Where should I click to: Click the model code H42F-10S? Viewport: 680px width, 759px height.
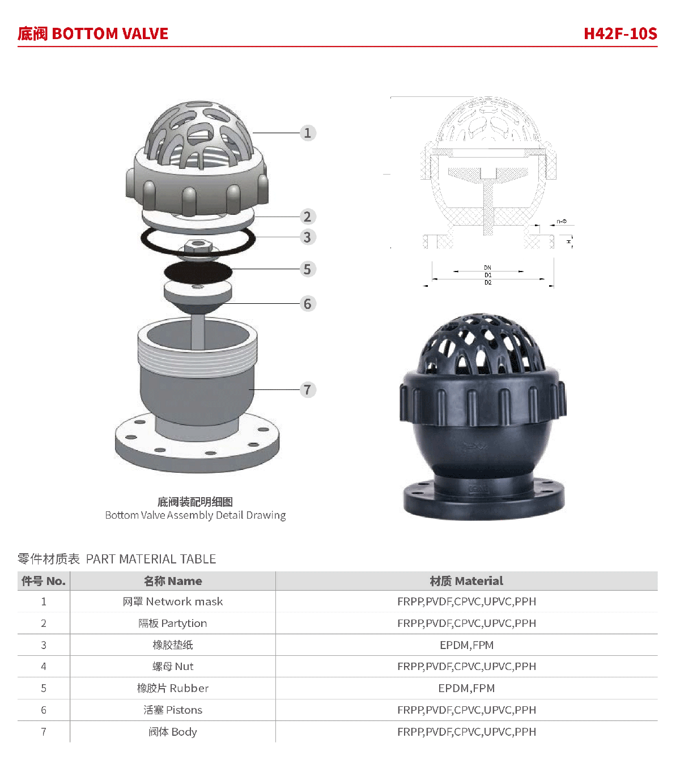[x=620, y=33]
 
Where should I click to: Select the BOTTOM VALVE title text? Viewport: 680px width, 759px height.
[x=110, y=33]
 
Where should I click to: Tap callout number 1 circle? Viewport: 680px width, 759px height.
[x=308, y=133]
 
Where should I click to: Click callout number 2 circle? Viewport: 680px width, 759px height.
[x=308, y=217]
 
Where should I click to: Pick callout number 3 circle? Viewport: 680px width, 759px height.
[x=308, y=237]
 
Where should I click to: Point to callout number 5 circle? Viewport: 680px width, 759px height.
[x=308, y=269]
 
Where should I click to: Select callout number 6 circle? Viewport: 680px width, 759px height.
[x=308, y=303]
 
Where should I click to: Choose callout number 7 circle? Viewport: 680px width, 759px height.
[x=308, y=389]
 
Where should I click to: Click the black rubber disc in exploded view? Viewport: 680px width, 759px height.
[x=198, y=272]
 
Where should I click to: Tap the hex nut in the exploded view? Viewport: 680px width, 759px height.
[x=198, y=246]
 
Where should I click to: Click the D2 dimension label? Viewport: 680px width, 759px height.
[x=487, y=282]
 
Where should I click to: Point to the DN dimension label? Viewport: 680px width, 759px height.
[x=487, y=268]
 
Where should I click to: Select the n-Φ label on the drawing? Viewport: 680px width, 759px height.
[x=562, y=221]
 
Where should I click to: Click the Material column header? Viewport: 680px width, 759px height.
[x=466, y=581]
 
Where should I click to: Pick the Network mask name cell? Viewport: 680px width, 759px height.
[x=173, y=601]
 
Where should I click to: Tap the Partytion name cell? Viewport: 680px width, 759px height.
[x=173, y=624]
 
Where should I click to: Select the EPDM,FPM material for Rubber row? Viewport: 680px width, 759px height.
[x=466, y=688]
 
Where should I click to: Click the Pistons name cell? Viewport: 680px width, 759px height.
[x=173, y=710]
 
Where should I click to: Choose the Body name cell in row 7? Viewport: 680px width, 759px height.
[x=173, y=732]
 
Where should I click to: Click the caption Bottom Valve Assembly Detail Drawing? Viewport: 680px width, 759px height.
[x=195, y=515]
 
